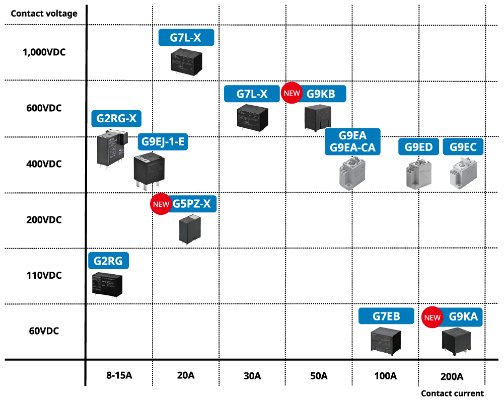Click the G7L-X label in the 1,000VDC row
click(x=186, y=38)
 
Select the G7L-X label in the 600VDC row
click(x=252, y=94)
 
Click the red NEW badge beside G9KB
click(x=292, y=94)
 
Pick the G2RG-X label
click(x=116, y=119)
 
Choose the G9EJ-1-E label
click(x=163, y=142)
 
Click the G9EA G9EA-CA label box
click(x=352, y=141)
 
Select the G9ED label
click(x=418, y=147)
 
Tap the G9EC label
click(x=463, y=147)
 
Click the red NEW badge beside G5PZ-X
click(x=161, y=204)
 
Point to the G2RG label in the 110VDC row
click(x=108, y=261)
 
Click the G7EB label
click(x=386, y=316)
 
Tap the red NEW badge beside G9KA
click(x=433, y=317)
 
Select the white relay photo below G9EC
click(x=463, y=173)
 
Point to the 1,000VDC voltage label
click(x=44, y=52)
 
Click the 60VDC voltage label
click(x=44, y=331)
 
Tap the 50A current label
click(x=319, y=376)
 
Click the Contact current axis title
click(x=452, y=393)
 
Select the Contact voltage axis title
click(x=44, y=14)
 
